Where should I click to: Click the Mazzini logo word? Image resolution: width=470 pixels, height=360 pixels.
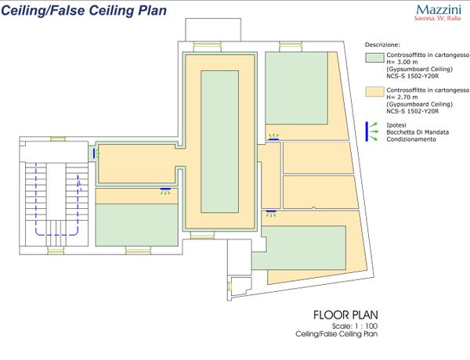point(439,9)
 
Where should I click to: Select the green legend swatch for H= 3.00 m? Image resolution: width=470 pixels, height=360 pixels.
point(374,58)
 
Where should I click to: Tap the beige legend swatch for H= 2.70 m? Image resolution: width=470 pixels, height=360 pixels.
point(374,92)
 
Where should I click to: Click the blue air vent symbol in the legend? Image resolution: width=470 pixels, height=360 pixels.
point(367,131)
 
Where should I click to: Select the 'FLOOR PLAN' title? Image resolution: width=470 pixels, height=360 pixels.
point(345,315)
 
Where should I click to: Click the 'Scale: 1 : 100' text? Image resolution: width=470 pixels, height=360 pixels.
point(355,326)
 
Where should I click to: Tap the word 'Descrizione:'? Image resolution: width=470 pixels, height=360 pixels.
point(382,45)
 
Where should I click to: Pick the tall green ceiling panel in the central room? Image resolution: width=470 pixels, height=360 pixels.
point(219,142)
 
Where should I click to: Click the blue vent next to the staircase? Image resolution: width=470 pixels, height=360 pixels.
point(94,153)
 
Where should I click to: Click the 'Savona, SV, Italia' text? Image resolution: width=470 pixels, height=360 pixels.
point(438,18)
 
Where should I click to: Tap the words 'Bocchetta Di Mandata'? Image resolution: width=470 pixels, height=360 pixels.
point(418,132)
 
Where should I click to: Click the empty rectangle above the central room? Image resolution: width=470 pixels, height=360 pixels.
point(213,30)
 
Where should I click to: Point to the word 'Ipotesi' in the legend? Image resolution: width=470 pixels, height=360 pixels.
point(396,125)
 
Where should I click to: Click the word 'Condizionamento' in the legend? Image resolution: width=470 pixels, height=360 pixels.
point(411,139)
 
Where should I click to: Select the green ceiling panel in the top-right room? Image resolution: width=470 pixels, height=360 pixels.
point(296,88)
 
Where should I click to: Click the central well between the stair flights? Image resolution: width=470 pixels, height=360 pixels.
point(56,192)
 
